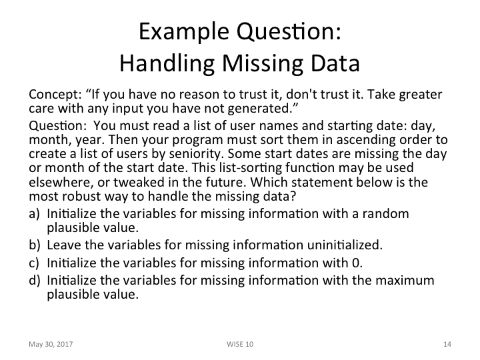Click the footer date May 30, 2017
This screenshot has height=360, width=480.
pyautogui.click(x=51, y=344)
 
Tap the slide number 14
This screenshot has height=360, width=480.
pyautogui.click(x=447, y=344)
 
